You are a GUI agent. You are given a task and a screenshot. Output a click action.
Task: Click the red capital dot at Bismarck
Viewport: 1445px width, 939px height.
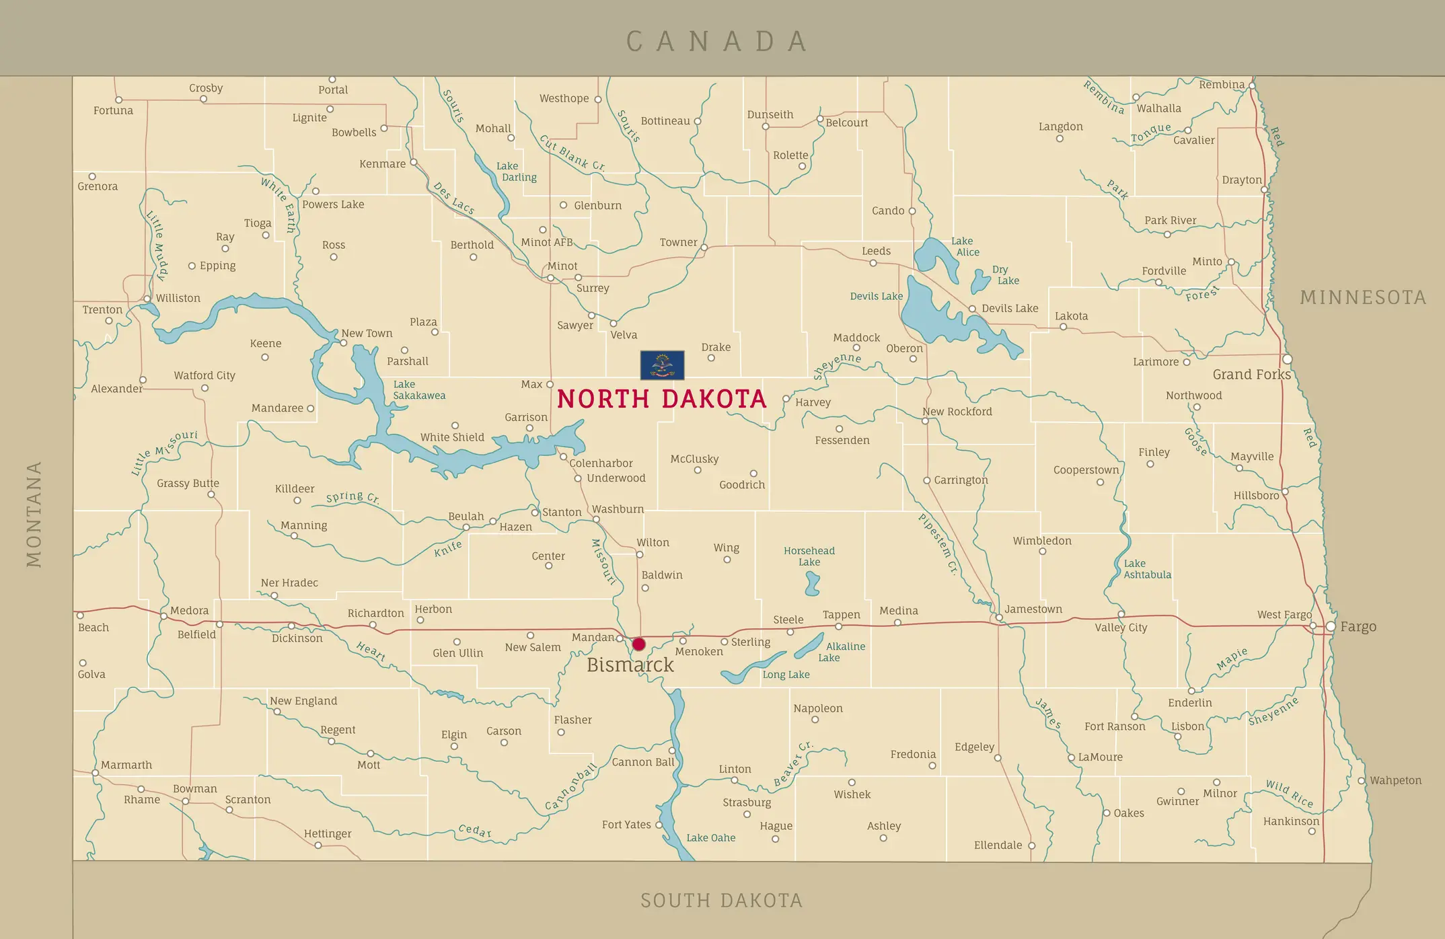[638, 644]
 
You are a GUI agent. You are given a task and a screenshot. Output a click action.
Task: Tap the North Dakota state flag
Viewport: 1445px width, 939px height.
[662, 365]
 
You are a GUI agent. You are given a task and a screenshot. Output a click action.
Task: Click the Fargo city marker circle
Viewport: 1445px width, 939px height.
[1330, 626]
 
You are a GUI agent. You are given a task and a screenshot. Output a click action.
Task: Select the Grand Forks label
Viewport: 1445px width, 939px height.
[1251, 375]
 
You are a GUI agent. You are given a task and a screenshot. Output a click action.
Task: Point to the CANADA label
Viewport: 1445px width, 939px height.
[717, 42]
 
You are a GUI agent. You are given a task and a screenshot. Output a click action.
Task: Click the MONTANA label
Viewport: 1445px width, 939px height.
[34, 514]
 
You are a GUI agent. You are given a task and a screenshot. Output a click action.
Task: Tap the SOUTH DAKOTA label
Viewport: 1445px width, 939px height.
[721, 901]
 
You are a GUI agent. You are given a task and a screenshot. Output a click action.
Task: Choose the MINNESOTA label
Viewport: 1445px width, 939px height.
[1363, 297]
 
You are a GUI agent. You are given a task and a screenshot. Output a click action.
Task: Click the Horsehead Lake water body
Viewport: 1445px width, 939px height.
[812, 584]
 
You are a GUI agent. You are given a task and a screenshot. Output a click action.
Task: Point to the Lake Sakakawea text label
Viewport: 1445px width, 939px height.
[418, 390]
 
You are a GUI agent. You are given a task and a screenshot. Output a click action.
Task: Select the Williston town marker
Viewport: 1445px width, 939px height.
[147, 299]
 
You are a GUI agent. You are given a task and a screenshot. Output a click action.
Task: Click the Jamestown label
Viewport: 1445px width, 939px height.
[1033, 609]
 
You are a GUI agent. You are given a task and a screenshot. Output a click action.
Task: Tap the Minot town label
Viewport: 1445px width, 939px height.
[562, 266]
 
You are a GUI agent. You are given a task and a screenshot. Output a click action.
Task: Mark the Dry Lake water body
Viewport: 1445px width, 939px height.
[980, 281]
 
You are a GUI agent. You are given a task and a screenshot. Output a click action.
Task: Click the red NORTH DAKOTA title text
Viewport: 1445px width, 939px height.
[661, 399]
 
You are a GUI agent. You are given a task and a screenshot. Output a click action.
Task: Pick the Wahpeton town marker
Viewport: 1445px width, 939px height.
[1361, 781]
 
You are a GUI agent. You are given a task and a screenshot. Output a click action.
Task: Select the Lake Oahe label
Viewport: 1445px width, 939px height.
[710, 838]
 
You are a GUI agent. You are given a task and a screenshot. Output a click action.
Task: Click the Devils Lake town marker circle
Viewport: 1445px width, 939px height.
[972, 309]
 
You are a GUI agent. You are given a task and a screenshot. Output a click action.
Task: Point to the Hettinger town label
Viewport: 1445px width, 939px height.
[328, 834]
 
